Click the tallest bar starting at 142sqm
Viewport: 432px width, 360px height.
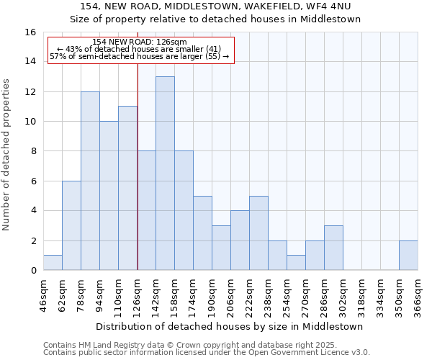click(x=165, y=174)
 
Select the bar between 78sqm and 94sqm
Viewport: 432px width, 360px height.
click(x=90, y=181)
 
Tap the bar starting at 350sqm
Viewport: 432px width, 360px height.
click(x=408, y=256)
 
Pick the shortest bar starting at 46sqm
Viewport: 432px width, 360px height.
click(x=53, y=263)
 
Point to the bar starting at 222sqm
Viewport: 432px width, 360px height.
click(x=258, y=233)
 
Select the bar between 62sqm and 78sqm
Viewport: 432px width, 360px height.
click(x=71, y=225)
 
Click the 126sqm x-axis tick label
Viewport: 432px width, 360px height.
click(x=138, y=296)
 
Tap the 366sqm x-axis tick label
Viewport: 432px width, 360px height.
click(x=418, y=296)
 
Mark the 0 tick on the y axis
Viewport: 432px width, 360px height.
click(x=32, y=271)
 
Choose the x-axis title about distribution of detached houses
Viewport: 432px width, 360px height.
click(x=229, y=326)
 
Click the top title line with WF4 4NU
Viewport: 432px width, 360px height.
click(x=215, y=6)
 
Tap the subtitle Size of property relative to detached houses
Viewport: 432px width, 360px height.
click(x=215, y=19)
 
